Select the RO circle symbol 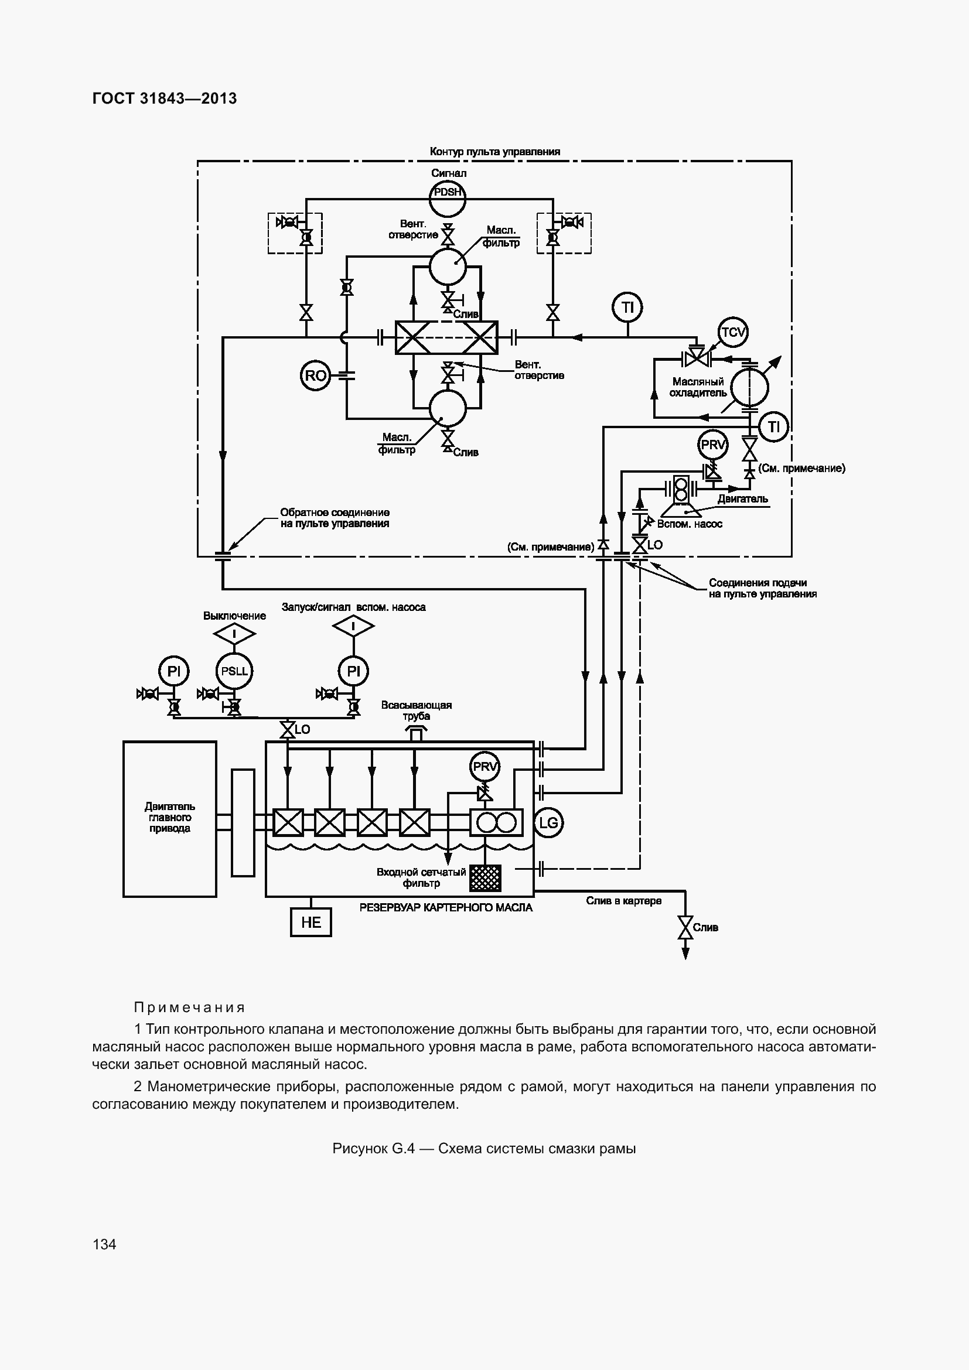click(x=315, y=375)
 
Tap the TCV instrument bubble click(x=733, y=332)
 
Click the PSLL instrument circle click(x=234, y=671)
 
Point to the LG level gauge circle click(x=548, y=823)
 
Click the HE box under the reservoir click(x=311, y=923)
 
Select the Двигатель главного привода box click(x=169, y=819)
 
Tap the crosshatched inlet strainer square click(x=485, y=879)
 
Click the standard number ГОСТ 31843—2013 click(x=165, y=98)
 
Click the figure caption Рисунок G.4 click(x=484, y=1149)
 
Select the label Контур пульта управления click(x=494, y=152)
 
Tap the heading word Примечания click(x=189, y=1008)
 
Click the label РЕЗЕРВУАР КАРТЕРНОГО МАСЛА click(x=446, y=907)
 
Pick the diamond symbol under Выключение click(x=234, y=634)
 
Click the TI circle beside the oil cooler click(x=773, y=426)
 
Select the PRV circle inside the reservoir click(x=485, y=767)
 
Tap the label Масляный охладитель click(x=698, y=387)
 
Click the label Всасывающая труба click(x=417, y=710)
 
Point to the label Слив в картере click(x=623, y=901)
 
